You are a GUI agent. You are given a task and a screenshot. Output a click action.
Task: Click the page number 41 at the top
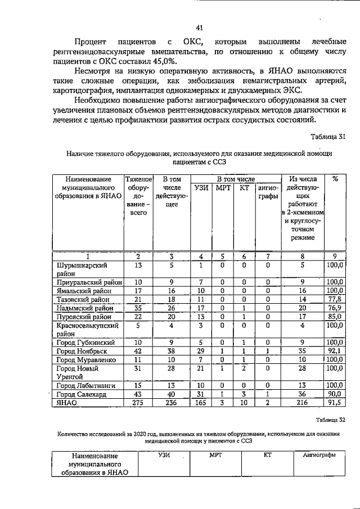click(199, 27)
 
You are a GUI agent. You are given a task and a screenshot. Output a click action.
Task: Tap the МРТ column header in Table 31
click(222, 188)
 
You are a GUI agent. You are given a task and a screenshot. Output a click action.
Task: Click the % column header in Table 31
click(335, 179)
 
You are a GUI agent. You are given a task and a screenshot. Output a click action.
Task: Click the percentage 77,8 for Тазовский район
click(335, 299)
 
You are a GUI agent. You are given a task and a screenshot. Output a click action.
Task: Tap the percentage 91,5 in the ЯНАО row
click(335, 403)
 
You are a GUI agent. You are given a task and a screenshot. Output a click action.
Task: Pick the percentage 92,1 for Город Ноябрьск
click(335, 350)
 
